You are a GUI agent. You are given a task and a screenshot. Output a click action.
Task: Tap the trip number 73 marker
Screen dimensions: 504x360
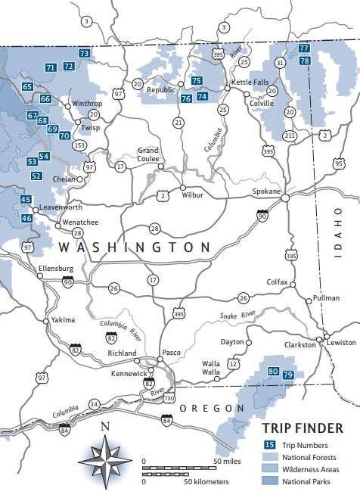pos(84,53)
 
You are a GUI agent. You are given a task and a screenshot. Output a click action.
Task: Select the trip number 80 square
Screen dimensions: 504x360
pos(273,371)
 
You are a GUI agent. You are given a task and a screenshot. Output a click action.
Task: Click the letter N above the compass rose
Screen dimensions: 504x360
pos(105,427)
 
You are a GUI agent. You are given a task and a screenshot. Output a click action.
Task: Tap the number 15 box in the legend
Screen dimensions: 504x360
pos(268,444)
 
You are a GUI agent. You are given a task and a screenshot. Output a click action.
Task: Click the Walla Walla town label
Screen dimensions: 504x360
pos(210,368)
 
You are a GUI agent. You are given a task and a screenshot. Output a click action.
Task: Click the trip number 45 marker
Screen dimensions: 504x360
pos(26,200)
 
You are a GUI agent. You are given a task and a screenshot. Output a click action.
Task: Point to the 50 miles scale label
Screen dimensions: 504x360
pos(227,461)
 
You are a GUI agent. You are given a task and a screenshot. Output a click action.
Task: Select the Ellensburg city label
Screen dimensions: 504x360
pos(56,268)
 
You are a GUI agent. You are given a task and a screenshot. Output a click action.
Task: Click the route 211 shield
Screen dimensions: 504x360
pos(289,135)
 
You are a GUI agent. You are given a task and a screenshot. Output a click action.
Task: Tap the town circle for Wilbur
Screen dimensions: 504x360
pos(182,187)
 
